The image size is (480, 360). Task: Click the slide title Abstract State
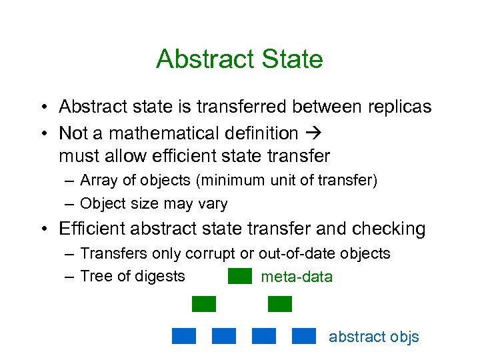pos(239,59)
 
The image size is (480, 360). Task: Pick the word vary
pos(212,204)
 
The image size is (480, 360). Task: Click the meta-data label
pos(296,277)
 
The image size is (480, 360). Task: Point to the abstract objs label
pos(373,337)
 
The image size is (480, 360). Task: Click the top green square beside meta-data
pos(239,276)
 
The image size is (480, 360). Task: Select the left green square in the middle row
pos(204,304)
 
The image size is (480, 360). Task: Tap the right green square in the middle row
pos(280,304)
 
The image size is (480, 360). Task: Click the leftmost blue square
pos(184,336)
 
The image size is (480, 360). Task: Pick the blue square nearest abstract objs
pos(304,336)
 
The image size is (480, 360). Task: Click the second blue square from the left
pos(224,336)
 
